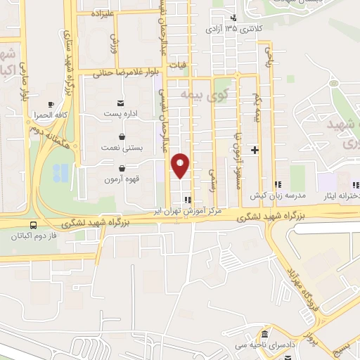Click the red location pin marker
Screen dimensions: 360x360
(x=181, y=165)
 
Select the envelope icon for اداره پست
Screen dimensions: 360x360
(x=122, y=104)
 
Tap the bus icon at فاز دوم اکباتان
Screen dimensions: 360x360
(x=32, y=225)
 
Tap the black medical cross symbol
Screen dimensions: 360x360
(x=255, y=150)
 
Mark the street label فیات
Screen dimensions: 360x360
(x=184, y=63)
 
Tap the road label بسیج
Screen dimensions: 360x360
(x=340, y=346)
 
